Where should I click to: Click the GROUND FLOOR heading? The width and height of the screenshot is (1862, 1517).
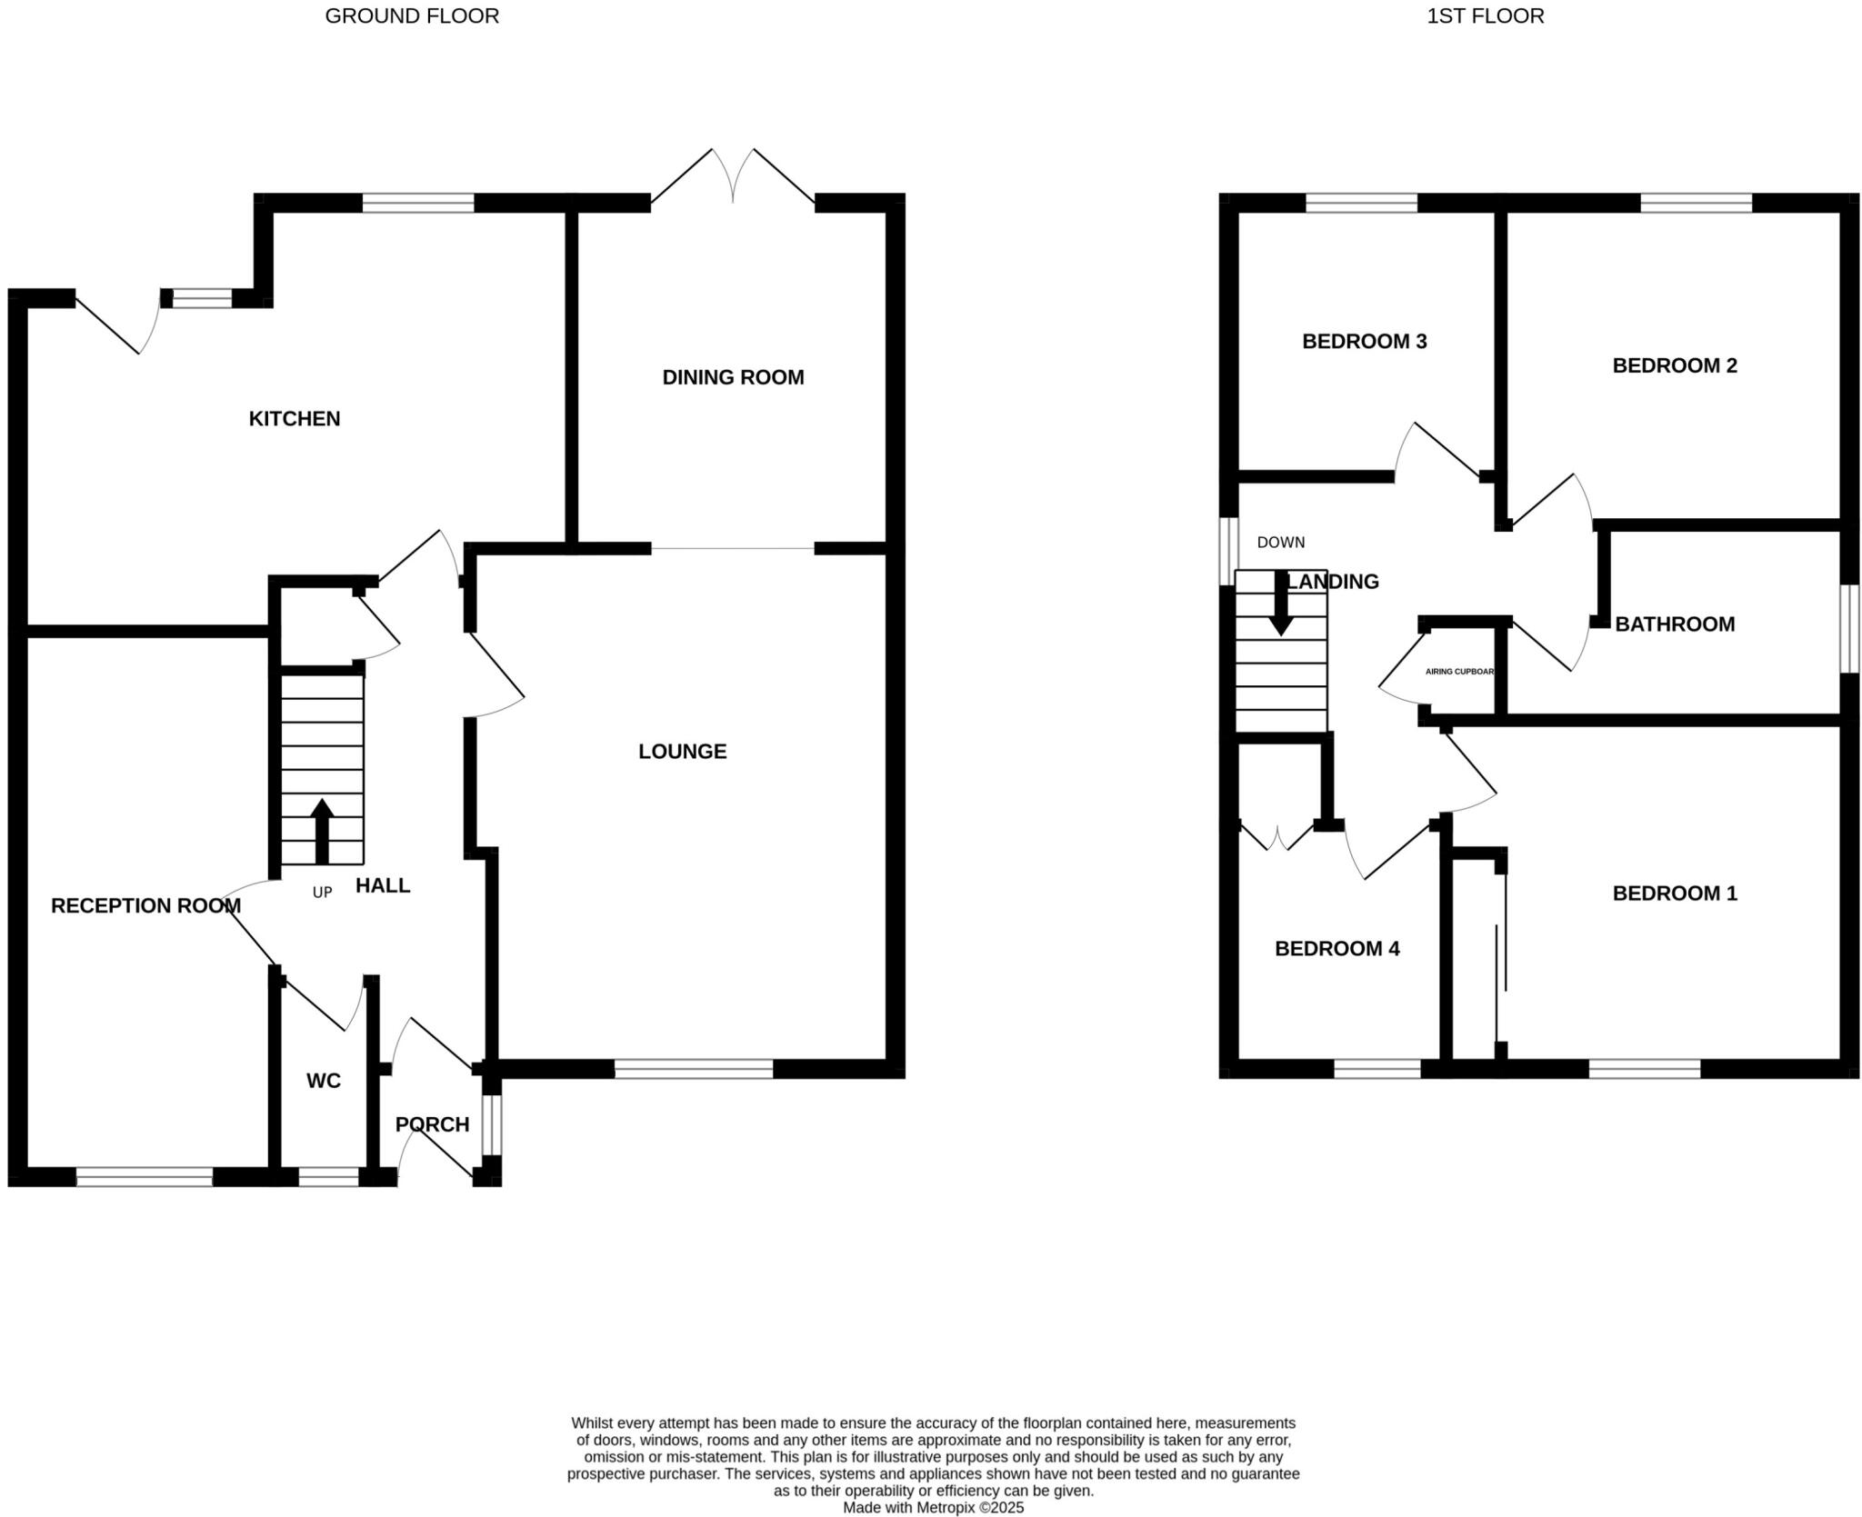[412, 16]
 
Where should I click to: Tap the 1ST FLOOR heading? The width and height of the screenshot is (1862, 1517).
[1485, 16]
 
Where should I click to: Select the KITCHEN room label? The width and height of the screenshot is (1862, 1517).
[295, 419]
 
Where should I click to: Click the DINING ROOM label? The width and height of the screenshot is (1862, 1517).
[733, 377]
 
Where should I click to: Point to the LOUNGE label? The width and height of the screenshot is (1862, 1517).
[682, 752]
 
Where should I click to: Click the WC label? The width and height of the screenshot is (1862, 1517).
[324, 1081]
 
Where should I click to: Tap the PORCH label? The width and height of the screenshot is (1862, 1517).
[433, 1124]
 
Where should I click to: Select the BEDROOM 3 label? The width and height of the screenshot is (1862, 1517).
[1364, 342]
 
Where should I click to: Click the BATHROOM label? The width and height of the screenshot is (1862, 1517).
[1675, 624]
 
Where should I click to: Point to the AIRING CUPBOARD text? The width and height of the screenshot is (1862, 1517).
[1459, 672]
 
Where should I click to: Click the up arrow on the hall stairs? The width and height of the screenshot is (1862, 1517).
[322, 829]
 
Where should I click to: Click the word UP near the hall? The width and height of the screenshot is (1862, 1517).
[322, 893]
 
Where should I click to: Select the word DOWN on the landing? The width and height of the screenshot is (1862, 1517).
[1280, 543]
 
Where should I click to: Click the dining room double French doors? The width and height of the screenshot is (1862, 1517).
[733, 177]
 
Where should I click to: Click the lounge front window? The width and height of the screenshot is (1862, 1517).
[694, 1069]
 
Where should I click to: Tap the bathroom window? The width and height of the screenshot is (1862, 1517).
[1849, 628]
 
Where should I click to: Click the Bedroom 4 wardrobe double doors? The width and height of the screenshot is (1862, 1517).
[1277, 837]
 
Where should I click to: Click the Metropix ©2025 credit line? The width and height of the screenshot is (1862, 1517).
[933, 1507]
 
